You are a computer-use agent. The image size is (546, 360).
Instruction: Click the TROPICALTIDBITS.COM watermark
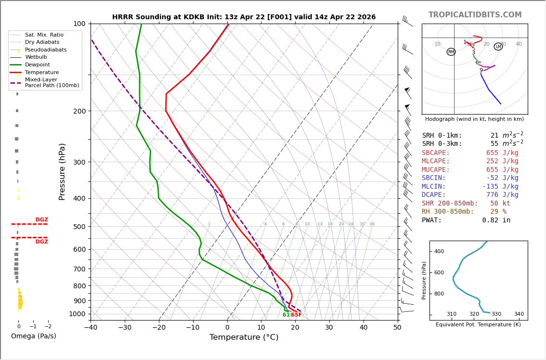pyautogui.click(x=475, y=15)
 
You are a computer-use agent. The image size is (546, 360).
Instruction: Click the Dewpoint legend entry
pyautogui.click(x=37, y=64)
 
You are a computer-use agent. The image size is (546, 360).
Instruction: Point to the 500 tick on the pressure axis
pyautogui.click(x=79, y=227)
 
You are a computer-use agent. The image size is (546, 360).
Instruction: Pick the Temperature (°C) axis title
pyautogui.click(x=244, y=337)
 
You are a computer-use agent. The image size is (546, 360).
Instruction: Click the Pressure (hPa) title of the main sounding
pyautogui.click(x=62, y=171)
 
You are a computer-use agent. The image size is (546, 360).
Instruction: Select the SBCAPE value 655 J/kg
pyautogui.click(x=502, y=153)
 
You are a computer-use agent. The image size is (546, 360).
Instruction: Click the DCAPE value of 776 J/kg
pyautogui.click(x=502, y=195)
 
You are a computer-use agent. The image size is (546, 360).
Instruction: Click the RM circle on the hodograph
pyautogui.click(x=451, y=52)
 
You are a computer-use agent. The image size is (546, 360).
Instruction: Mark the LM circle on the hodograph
pyautogui.click(x=498, y=47)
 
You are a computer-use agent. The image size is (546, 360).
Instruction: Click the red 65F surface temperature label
pyautogui.click(x=296, y=315)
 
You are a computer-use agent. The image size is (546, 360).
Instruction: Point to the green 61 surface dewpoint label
pyautogui.click(x=286, y=315)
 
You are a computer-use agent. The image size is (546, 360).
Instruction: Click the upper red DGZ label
pyautogui.click(x=41, y=220)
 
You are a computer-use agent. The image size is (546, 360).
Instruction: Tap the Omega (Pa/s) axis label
pyautogui.click(x=33, y=336)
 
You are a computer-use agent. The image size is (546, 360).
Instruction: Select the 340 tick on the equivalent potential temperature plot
pyautogui.click(x=519, y=314)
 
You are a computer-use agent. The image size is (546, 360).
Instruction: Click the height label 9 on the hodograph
pyautogui.click(x=481, y=71)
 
